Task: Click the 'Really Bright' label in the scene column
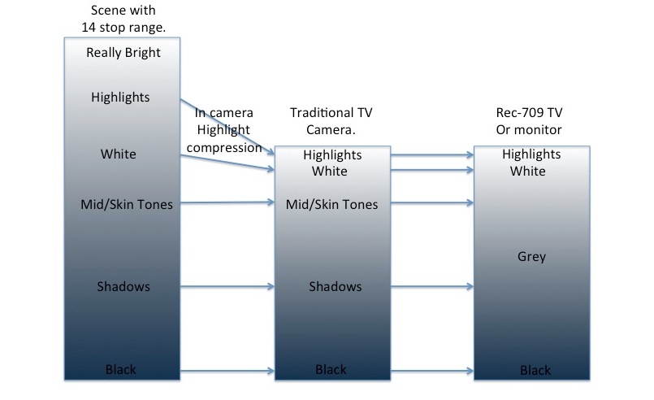[123, 53]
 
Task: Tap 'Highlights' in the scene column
[120, 98]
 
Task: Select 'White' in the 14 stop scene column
[119, 154]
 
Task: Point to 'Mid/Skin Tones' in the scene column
[127, 204]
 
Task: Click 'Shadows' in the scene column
[123, 286]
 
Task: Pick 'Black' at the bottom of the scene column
[121, 370]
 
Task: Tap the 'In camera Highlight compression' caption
[223, 128]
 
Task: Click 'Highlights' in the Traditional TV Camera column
[332, 154]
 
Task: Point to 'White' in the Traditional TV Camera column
[330, 171]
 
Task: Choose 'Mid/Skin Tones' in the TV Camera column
[332, 204]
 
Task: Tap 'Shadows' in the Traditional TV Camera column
[336, 286]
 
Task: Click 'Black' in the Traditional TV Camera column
[331, 370]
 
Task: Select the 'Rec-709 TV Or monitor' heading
[529, 122]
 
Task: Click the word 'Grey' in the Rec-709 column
[531, 257]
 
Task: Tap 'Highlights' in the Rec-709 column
[531, 154]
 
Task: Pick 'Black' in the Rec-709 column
[535, 371]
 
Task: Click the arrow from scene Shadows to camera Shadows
[227, 286]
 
